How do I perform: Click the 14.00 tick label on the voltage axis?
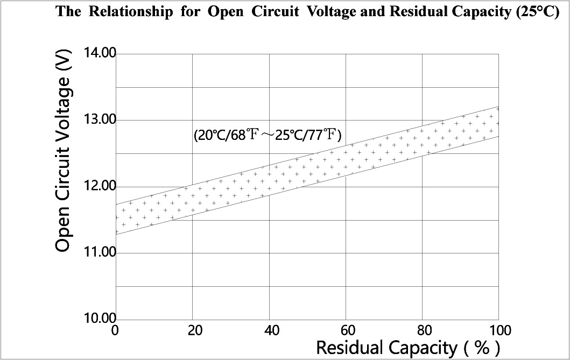(100, 53)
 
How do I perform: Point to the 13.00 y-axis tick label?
(100, 119)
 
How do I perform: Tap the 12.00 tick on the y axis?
(100, 186)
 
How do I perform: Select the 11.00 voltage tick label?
(100, 252)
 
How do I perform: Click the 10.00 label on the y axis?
(100, 318)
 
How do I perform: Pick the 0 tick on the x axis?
(115, 329)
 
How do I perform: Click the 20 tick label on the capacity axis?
(192, 329)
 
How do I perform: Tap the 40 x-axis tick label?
(269, 329)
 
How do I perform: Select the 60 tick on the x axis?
(345, 329)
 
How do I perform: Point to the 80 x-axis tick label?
(422, 329)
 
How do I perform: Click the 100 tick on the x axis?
(498, 329)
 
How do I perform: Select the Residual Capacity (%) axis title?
(408, 347)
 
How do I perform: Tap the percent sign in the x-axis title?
(482, 347)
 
